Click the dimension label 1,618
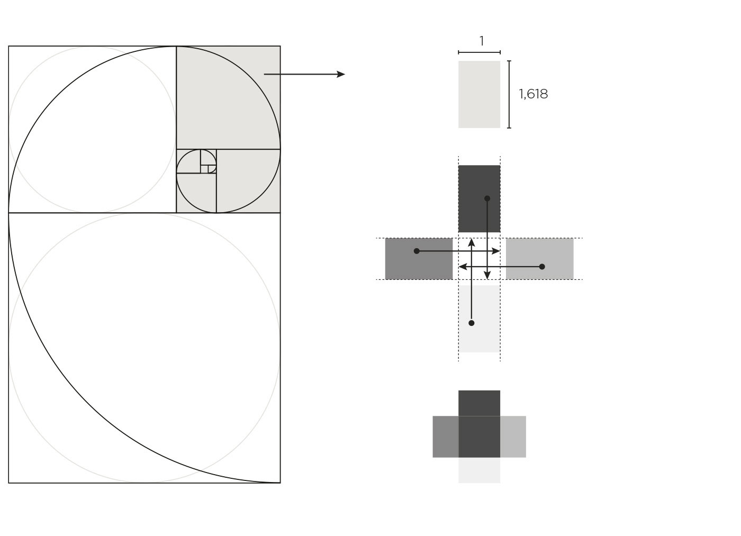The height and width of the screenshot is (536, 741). [x=534, y=94]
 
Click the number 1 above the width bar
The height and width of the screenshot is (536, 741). [x=482, y=41]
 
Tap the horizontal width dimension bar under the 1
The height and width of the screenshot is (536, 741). [x=480, y=52]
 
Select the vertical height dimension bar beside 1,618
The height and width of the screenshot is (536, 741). [x=509, y=94]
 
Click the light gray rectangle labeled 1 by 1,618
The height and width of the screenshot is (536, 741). [x=480, y=94]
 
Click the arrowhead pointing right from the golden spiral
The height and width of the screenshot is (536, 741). [x=341, y=75]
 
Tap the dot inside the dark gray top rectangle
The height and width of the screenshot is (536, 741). [x=487, y=198]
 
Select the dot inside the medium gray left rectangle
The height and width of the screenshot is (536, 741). [x=417, y=251]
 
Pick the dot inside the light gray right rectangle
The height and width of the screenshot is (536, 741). [x=542, y=267]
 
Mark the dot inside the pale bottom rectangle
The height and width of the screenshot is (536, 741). [x=472, y=323]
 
